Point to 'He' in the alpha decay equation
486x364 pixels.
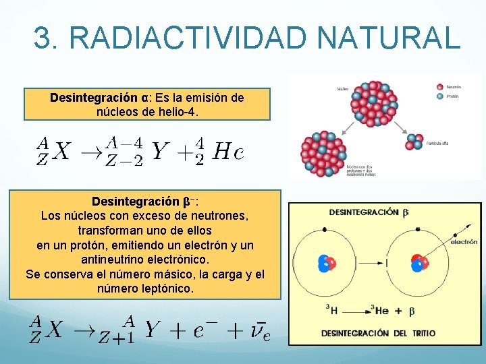228,152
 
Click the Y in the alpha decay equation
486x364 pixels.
159,152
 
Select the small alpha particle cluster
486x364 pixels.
412,142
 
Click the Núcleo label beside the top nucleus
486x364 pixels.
343,88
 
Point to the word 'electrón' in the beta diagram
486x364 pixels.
464,241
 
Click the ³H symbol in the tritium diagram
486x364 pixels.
331,310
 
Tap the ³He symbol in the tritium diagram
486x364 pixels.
379,310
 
